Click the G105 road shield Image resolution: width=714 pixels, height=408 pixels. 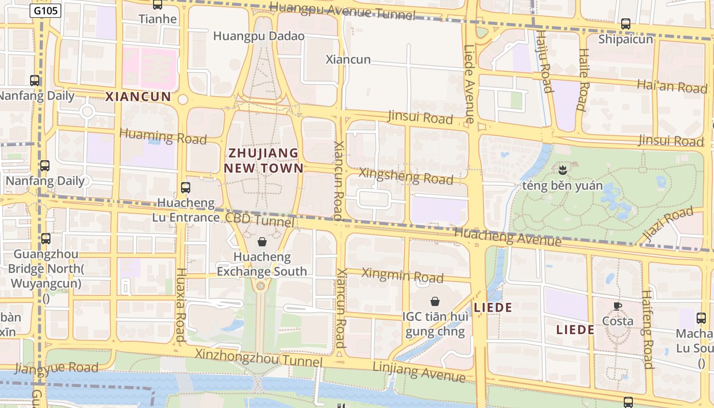45,10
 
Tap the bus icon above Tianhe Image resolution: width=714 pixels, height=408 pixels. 158,5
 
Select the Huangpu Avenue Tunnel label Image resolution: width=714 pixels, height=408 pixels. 342,11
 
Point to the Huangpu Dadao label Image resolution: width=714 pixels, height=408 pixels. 259,36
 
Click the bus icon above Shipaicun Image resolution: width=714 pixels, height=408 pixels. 625,23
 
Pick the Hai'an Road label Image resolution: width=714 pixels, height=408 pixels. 672,86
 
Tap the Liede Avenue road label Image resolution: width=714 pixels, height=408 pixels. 469,84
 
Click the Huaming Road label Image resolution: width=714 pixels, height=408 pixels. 163,137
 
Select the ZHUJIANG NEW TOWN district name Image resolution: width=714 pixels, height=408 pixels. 264,160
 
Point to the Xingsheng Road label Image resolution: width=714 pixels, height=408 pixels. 406,176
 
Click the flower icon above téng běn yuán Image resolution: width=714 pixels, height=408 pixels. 562,169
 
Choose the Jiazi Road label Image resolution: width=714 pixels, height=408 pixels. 668,224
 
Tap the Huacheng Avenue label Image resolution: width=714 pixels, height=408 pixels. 507,237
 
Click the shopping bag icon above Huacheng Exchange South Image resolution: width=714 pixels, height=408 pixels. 262,242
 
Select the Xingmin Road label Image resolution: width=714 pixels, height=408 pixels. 402,275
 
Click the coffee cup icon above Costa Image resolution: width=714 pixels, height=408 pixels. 618,306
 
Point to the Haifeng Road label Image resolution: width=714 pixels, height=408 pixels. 647,329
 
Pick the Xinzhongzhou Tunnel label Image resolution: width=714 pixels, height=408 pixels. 259,357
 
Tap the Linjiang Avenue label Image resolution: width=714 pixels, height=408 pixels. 419,372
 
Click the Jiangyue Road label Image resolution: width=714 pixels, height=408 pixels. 57,368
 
